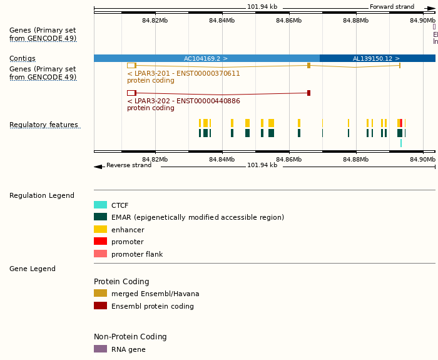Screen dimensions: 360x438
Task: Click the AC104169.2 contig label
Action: coord(205,58)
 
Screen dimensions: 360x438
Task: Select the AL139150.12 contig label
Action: coord(375,58)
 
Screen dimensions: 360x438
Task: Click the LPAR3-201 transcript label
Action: coord(183,73)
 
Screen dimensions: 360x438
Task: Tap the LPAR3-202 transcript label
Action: coord(183,101)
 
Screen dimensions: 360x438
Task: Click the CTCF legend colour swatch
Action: coord(100,205)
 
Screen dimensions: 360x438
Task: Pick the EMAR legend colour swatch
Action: coord(100,217)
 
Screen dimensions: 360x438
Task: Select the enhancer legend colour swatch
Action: coord(100,229)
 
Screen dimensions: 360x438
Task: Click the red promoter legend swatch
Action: coord(100,242)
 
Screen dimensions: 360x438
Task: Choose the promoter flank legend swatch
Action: coord(100,254)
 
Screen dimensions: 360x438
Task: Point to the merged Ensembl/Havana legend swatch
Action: coord(100,293)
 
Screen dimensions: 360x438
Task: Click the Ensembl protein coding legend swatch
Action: coord(100,306)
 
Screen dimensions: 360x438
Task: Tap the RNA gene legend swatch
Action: coord(100,349)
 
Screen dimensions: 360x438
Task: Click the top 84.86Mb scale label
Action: coord(288,21)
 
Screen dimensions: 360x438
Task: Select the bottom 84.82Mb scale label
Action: coord(155,159)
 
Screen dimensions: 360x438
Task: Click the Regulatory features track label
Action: coord(44,125)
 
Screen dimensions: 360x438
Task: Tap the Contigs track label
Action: coord(23,58)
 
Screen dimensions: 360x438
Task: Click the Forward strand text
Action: coord(392,7)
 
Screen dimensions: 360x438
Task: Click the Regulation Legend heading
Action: coord(42,195)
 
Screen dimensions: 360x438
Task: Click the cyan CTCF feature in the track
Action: coord(401,143)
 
